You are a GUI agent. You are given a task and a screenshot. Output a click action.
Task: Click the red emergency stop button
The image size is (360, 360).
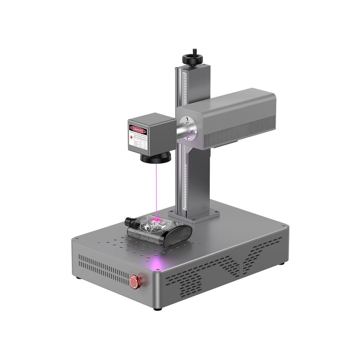[134, 281]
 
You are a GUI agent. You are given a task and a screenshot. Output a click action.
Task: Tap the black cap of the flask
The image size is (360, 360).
[129, 222]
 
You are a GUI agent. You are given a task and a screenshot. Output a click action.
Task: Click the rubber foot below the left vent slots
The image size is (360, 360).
[78, 278]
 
